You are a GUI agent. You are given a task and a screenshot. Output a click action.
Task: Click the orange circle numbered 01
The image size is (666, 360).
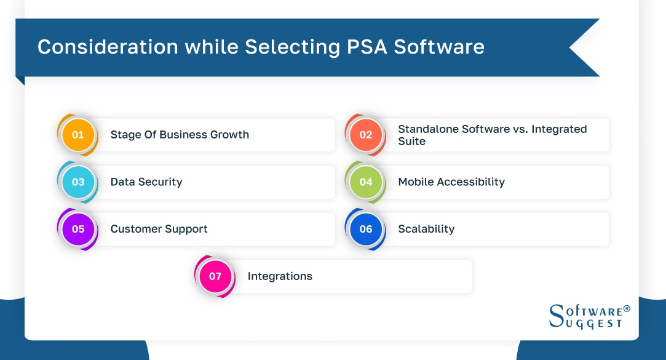(78, 135)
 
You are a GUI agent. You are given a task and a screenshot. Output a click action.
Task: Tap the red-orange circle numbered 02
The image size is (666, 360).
(366, 135)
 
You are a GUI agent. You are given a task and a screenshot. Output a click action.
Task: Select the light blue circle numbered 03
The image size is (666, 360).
(78, 182)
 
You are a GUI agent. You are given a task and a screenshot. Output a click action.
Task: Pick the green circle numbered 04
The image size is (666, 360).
(366, 182)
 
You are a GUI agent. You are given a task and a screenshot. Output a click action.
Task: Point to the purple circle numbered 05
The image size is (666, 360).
(78, 229)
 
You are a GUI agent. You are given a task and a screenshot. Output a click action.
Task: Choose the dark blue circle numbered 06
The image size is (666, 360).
(366, 229)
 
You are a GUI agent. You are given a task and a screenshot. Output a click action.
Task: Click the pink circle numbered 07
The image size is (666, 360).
(215, 276)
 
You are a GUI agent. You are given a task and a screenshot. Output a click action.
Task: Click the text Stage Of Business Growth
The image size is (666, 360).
(180, 135)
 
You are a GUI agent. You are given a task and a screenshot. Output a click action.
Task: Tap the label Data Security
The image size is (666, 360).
(146, 182)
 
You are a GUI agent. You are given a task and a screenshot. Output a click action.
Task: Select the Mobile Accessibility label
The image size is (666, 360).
(451, 182)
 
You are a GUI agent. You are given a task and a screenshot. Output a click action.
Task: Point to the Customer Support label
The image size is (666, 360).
(159, 229)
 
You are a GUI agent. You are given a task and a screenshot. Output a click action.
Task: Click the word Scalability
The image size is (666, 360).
(426, 229)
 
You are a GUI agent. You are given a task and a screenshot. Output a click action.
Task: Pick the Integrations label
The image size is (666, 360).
(280, 276)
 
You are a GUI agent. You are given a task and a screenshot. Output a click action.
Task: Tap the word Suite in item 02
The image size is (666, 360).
(411, 141)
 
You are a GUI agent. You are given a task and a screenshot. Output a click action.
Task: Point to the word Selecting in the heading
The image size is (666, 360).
(287, 47)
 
